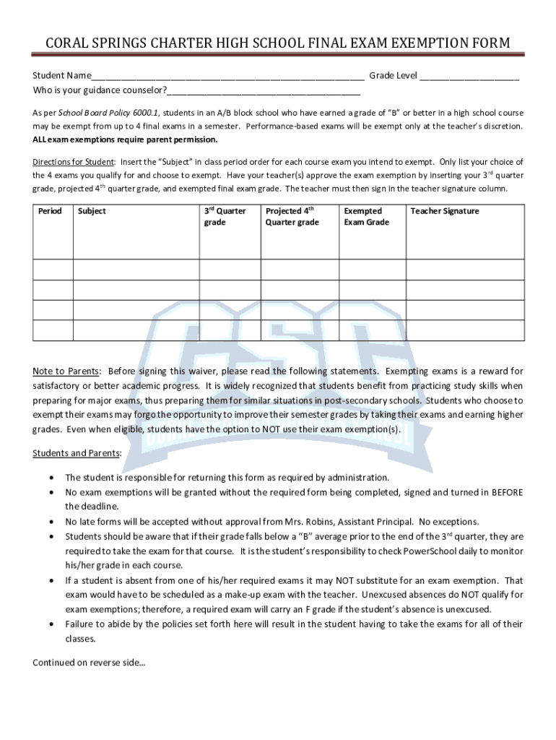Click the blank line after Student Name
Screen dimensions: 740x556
tap(227, 78)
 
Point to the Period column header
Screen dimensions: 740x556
tap(50, 211)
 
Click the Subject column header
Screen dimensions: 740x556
tap(92, 211)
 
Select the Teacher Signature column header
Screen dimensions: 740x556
tap(445, 211)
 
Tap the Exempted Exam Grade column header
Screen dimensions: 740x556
tap(366, 217)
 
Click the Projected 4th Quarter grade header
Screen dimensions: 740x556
tap(292, 217)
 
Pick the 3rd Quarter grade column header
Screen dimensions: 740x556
tap(225, 217)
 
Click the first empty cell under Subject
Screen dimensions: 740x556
tap(136, 269)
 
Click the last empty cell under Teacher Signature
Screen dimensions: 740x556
tap(466, 330)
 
